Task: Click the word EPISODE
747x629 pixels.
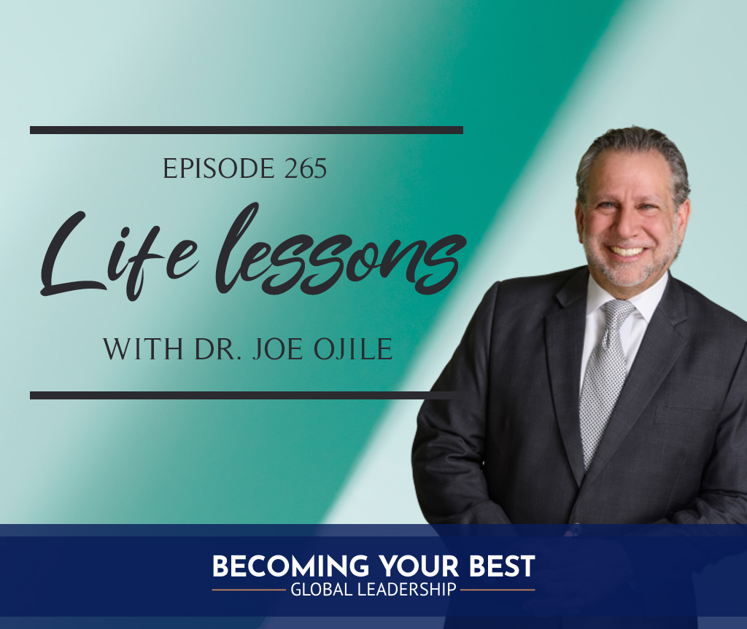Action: [219, 168]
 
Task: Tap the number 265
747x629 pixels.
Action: [306, 168]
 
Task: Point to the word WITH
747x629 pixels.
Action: [144, 350]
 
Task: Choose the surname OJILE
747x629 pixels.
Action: [353, 350]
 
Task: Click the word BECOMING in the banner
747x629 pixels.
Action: [290, 566]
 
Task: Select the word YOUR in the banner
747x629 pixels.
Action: [419, 566]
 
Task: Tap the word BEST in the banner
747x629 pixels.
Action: [502, 566]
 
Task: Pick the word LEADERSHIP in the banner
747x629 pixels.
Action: [406, 590]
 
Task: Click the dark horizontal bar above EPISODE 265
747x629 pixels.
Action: [247, 130]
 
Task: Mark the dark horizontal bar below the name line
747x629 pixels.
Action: [247, 395]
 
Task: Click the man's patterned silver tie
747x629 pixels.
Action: [604, 376]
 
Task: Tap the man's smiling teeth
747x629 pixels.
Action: [627, 251]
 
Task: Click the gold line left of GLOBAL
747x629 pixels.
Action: [249, 590]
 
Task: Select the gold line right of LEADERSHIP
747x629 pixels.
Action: [498, 590]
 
